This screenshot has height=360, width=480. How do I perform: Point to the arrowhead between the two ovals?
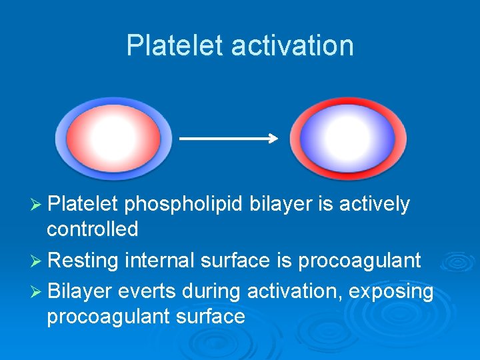273,139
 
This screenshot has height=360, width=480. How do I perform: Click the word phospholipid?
184,205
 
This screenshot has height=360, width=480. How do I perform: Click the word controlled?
92,229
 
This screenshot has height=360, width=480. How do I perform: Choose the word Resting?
83,260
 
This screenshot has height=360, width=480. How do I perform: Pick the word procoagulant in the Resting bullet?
359,261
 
